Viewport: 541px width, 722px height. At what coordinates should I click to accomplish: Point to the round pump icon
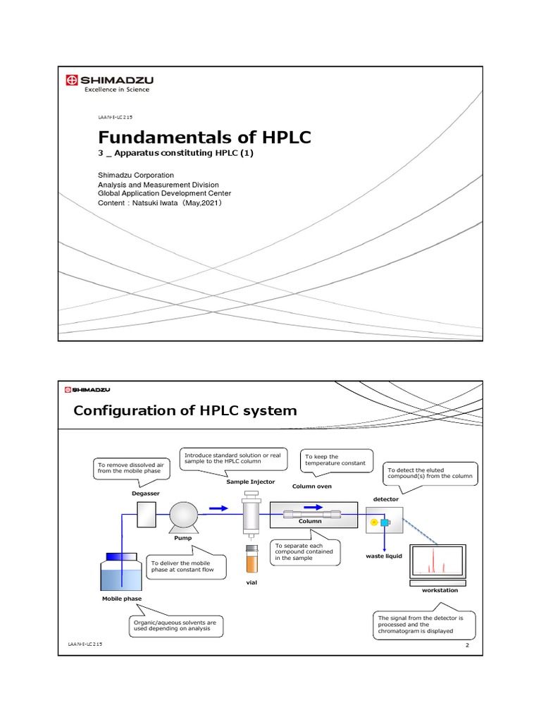(183, 517)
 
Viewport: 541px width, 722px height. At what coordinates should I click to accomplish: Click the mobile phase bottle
(121, 572)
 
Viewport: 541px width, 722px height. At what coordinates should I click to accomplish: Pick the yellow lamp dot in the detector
(374, 522)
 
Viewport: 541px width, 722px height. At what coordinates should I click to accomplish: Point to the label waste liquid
(384, 556)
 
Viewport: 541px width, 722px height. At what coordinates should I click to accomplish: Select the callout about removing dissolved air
(124, 469)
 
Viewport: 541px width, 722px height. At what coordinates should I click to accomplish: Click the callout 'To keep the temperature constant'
(326, 460)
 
